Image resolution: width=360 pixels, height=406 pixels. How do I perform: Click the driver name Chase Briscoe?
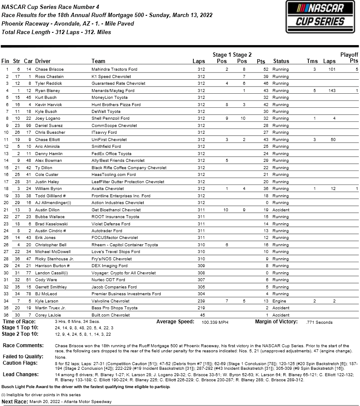point(49,69)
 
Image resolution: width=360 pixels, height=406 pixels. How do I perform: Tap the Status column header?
point(281,61)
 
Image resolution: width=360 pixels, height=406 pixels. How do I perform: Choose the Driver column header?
point(43,61)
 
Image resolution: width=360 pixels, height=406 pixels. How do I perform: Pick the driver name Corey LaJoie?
point(49,315)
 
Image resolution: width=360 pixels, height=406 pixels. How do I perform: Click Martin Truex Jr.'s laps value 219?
point(201,308)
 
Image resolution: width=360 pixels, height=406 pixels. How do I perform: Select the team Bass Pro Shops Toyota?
point(115,308)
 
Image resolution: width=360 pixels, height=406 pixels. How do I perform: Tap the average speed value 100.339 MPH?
point(215,322)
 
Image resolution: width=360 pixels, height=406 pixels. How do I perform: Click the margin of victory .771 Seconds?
point(319,322)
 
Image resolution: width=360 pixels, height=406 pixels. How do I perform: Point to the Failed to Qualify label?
point(23,356)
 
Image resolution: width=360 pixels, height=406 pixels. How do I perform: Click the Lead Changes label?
point(20,374)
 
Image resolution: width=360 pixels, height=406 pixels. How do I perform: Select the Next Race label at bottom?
point(16,401)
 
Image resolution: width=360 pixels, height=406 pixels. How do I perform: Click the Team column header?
point(98,61)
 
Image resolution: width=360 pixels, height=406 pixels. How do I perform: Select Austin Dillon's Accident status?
point(281,210)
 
